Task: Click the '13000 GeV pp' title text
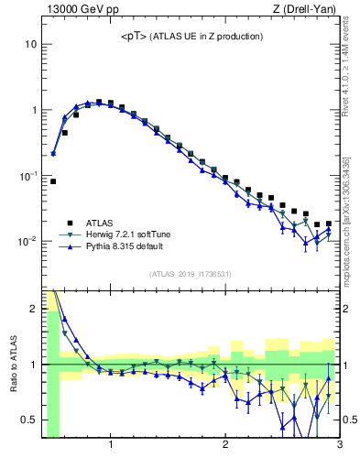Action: pos(79,10)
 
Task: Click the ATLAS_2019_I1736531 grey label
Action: pos(190,274)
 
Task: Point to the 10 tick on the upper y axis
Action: pos(30,44)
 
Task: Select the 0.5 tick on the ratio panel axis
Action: pos(29,420)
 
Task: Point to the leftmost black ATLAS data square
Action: pos(53,181)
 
